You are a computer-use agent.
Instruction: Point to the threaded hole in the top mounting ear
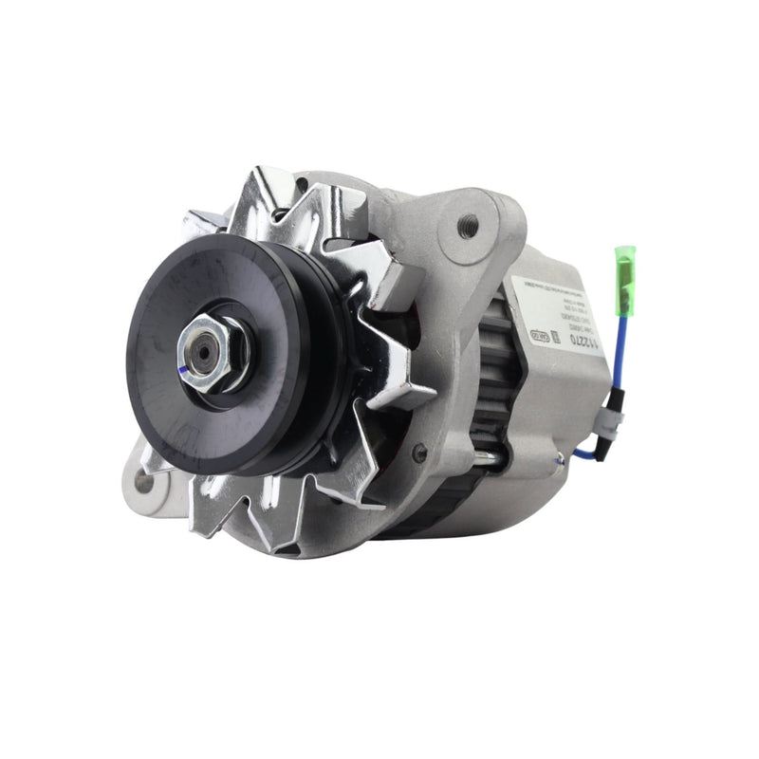pyautogui.click(x=467, y=226)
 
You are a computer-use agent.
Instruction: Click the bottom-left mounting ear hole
pyautogui.click(x=144, y=481)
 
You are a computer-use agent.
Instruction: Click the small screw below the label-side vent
pyautogui.click(x=419, y=453)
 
